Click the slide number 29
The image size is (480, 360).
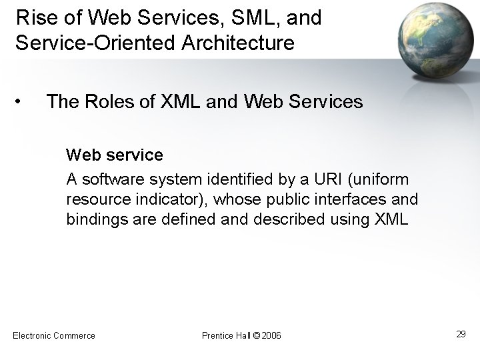[461, 333]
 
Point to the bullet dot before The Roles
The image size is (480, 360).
[22, 102]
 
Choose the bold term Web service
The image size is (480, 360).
[114, 155]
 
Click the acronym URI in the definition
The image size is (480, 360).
[331, 179]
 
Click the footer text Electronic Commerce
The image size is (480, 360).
[54, 335]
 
